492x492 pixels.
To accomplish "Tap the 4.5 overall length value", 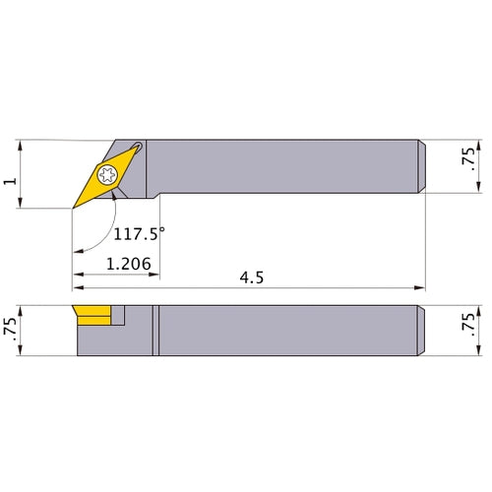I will coord(252,278).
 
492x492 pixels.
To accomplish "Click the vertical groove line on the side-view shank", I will coord(154,331).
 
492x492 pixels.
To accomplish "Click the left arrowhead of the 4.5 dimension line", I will coord(77,288).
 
